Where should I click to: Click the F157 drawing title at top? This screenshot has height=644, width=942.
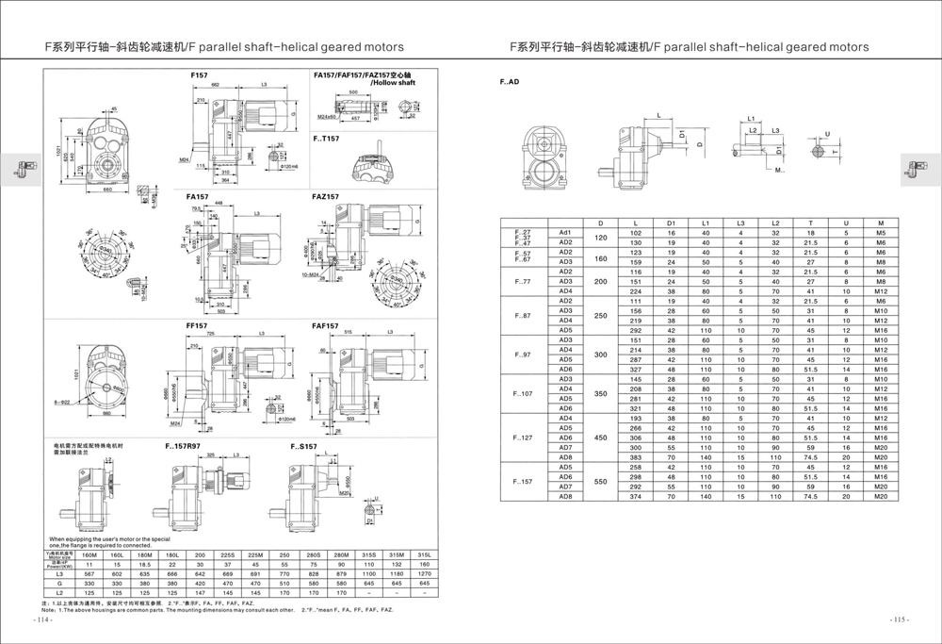click(x=200, y=74)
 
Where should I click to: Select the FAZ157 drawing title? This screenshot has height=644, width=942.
click(x=326, y=197)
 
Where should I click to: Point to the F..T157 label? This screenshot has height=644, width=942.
click(x=329, y=137)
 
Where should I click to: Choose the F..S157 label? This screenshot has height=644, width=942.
click(x=303, y=445)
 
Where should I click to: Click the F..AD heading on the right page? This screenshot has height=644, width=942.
click(x=509, y=82)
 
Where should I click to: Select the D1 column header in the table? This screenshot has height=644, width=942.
click(x=672, y=223)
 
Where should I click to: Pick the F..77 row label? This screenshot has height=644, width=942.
click(x=522, y=281)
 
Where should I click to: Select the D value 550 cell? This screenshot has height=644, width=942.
click(x=600, y=482)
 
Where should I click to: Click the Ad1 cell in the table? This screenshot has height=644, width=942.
click(x=565, y=232)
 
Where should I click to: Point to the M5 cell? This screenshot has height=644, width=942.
click(x=880, y=232)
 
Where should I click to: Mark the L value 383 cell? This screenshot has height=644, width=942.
click(x=636, y=457)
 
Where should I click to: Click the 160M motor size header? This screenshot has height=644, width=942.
click(x=89, y=554)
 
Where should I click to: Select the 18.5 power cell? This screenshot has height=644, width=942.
click(x=143, y=564)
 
